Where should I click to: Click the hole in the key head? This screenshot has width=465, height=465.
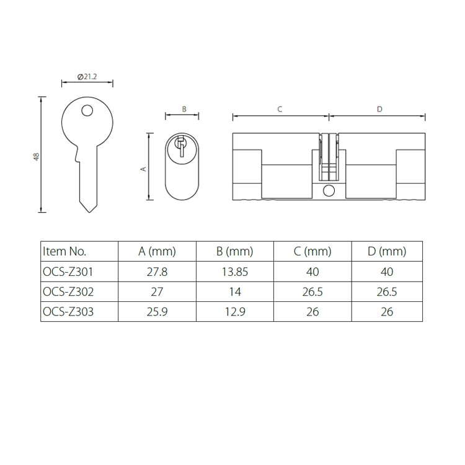click(x=87, y=112)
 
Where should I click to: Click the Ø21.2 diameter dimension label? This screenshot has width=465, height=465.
click(x=87, y=76)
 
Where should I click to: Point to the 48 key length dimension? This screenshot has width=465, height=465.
click(x=37, y=157)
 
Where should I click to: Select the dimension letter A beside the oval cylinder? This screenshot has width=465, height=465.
click(x=143, y=167)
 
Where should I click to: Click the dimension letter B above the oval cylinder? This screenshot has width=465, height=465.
click(x=184, y=109)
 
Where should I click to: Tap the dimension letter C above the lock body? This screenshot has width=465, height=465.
click(x=280, y=109)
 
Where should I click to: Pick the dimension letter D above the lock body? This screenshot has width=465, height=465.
click(x=379, y=109)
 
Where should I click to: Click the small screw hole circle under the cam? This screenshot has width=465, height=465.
click(x=329, y=190)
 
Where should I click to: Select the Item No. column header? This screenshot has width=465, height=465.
click(x=64, y=252)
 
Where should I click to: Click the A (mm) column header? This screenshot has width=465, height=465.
click(x=157, y=252)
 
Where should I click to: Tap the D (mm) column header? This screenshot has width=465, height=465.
click(x=386, y=252)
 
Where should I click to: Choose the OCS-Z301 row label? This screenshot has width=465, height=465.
click(x=68, y=272)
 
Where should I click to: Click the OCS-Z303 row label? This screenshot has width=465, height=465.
click(x=68, y=312)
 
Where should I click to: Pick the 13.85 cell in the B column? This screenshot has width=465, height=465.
click(x=235, y=272)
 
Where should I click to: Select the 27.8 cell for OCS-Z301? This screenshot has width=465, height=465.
click(x=157, y=272)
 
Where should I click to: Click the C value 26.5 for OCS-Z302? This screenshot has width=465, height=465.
click(x=312, y=292)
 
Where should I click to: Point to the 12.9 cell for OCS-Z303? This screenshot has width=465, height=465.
click(x=235, y=312)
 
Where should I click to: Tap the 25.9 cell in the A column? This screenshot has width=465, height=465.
click(x=157, y=312)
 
